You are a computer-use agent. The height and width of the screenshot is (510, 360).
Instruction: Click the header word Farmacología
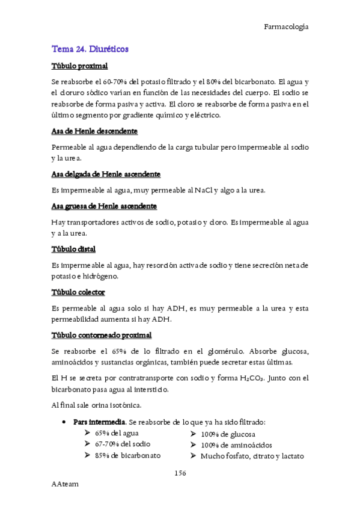tap(286, 26)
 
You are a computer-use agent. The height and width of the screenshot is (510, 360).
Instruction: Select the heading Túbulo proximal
tap(79, 66)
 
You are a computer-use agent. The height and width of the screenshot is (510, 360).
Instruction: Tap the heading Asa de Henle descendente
tap(94, 131)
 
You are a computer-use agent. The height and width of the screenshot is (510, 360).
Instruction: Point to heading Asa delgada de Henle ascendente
tap(106, 174)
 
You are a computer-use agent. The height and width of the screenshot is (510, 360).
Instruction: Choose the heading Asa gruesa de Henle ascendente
tap(104, 206)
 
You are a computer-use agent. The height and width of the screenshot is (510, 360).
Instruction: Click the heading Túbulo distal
tap(74, 249)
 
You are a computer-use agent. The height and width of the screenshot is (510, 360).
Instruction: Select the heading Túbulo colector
tap(79, 292)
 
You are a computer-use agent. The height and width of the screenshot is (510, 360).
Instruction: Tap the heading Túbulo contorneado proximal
tap(102, 335)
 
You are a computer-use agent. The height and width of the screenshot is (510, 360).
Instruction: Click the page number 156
tap(180, 474)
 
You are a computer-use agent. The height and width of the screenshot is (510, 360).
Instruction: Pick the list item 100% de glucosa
tap(228, 434)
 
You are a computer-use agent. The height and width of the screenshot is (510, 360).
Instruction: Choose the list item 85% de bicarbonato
tap(127, 455)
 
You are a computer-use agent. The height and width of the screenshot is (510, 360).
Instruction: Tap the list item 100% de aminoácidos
tap(236, 445)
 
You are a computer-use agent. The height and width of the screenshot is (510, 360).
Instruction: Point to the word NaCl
tap(204, 191)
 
